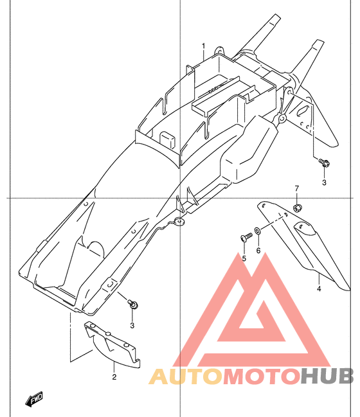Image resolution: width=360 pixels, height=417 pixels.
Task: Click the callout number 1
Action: pyautogui.click(x=204, y=46)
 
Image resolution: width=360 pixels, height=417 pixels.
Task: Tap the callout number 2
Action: pyautogui.click(x=114, y=377)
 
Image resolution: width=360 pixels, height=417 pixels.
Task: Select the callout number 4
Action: pyautogui.click(x=319, y=288)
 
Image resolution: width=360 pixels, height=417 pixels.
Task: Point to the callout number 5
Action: pyautogui.click(x=244, y=258)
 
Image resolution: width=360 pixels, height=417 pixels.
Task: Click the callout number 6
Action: pyautogui.click(x=258, y=251)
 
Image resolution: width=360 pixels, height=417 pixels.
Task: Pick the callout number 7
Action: pyautogui.click(x=296, y=188)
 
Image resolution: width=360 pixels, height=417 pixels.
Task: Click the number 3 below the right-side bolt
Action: pyautogui.click(x=324, y=182)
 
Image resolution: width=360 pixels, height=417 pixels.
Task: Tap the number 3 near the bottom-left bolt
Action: pyautogui.click(x=132, y=325)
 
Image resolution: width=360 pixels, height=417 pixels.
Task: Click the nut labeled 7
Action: pyautogui.click(x=297, y=208)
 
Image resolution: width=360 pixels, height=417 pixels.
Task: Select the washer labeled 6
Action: pyautogui.click(x=258, y=230)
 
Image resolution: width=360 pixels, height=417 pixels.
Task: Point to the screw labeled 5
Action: pyautogui.click(x=247, y=237)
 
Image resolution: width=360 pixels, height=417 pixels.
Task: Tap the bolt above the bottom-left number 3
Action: pyautogui.click(x=133, y=304)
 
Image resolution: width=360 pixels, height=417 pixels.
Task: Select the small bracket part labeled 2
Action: pyautogui.click(x=112, y=345)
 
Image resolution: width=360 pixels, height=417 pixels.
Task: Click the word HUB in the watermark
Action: pyautogui.click(x=328, y=377)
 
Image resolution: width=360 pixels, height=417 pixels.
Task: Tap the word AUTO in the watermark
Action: pyautogui.click(x=186, y=377)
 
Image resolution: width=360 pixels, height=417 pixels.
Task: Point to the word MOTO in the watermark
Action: pyautogui.click(x=262, y=377)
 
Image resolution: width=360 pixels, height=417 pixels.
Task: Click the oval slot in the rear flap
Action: pyautogui.click(x=303, y=111)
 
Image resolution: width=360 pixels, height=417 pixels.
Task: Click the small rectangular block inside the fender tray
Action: pyautogui.click(x=167, y=139)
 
